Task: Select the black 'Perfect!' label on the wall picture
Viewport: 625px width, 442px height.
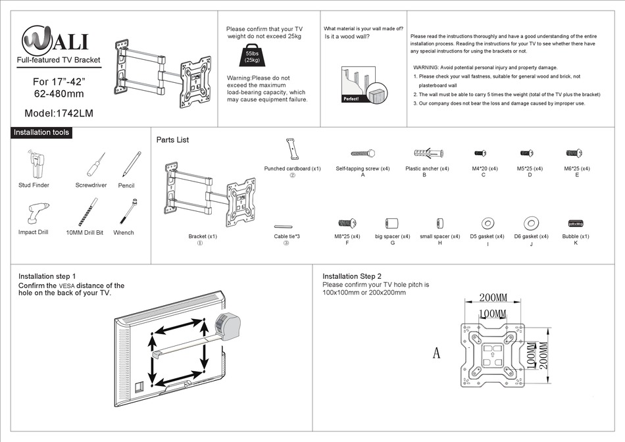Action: click(x=352, y=99)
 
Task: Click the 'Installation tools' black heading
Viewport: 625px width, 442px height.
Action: click(x=41, y=132)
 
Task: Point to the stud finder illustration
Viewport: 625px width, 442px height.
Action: click(x=34, y=164)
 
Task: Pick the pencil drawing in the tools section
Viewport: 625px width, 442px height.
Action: click(x=131, y=164)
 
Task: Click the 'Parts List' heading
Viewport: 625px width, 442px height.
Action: click(x=172, y=139)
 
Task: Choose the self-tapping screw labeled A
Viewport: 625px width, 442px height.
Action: click(x=362, y=153)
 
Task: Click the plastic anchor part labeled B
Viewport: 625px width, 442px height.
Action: click(x=427, y=153)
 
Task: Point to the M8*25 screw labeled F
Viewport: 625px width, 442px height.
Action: click(x=347, y=223)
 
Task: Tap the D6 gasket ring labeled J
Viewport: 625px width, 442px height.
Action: click(x=530, y=223)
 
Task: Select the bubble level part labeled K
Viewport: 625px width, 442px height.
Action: click(x=576, y=223)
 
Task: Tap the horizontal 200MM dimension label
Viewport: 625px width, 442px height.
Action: click(x=493, y=297)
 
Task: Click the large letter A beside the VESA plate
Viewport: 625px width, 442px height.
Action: click(x=436, y=353)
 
